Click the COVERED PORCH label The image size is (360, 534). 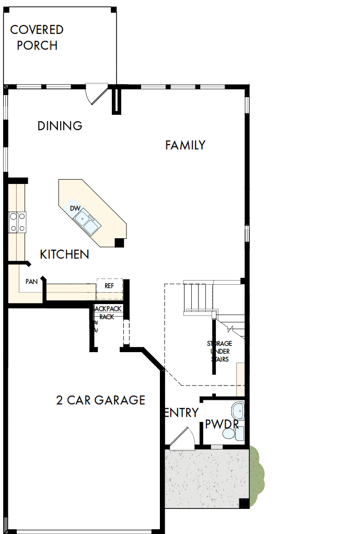point(37,38)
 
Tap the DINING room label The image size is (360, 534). point(60,126)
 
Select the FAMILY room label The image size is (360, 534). point(185,145)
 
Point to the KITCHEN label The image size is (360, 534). point(64,254)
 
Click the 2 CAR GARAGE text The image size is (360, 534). point(100,400)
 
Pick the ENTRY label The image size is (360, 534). point(182,413)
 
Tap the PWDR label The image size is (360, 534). point(222,423)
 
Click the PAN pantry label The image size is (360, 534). point(31,282)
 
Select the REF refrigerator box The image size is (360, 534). point(109,286)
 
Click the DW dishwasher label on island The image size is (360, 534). point(75,208)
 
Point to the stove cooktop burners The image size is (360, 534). point(17,222)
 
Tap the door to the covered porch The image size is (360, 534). point(97,94)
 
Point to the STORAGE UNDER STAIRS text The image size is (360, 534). point(219,351)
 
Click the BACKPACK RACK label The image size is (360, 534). point(108,312)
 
